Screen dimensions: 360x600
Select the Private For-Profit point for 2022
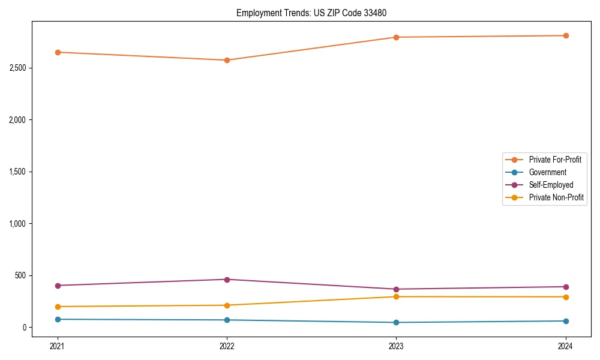point(227,60)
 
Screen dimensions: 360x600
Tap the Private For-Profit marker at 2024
point(566,35)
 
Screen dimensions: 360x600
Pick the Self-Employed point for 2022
point(227,280)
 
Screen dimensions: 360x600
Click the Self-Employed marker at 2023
point(396,289)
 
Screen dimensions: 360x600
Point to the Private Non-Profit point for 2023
point(396,296)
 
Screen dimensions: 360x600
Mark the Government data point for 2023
point(396,322)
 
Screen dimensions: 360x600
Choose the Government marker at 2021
point(58,319)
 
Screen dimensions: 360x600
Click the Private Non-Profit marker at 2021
point(58,307)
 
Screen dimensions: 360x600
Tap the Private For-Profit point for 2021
point(58,52)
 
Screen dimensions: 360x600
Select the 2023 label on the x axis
point(396,346)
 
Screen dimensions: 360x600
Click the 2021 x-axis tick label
point(58,346)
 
